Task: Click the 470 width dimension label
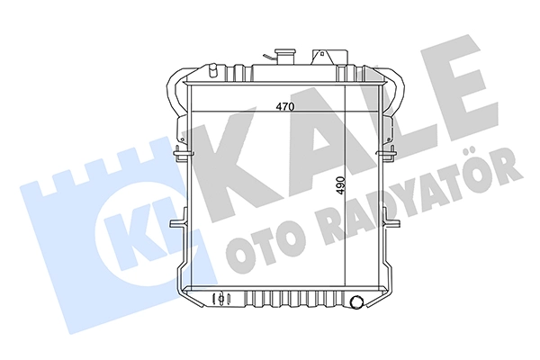(284, 107)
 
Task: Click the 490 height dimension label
(340, 185)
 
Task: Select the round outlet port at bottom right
(356, 301)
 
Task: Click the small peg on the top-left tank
(212, 70)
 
